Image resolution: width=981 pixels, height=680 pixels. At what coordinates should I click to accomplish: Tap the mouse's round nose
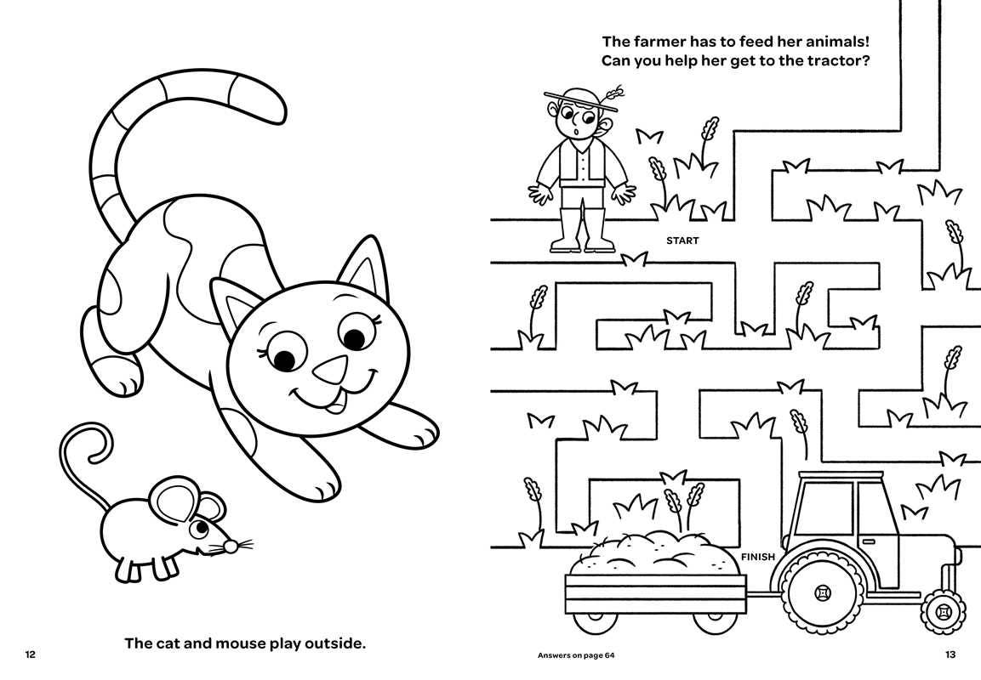pos(231,547)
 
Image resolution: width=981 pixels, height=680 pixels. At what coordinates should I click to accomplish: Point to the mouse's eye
pos(201,528)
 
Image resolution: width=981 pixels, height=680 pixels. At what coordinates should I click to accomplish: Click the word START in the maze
pos(682,241)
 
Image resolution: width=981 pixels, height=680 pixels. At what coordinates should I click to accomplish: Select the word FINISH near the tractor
pos(757,556)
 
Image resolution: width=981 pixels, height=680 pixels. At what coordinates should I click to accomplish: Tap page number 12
pos(30,654)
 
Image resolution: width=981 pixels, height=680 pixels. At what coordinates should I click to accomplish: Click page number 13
pos(950,654)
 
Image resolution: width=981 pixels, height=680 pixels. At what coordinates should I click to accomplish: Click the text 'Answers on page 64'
pos(576,655)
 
